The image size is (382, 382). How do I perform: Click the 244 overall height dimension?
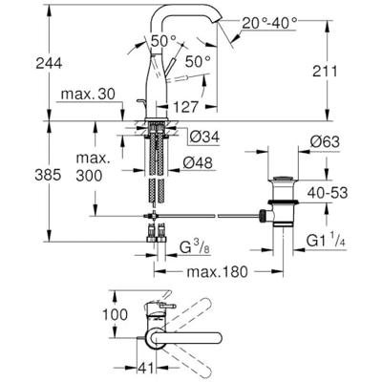click(x=49, y=64)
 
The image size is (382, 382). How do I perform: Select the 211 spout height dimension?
click(x=325, y=72)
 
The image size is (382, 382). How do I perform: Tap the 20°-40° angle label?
click(x=269, y=23)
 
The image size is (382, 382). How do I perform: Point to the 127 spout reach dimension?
click(x=185, y=107)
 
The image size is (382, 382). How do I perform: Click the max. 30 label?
click(x=88, y=94)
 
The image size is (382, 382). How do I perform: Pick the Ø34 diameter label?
click(x=204, y=138)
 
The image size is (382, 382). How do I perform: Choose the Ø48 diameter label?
click(x=198, y=163)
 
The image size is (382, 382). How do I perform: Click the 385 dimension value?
click(x=48, y=175)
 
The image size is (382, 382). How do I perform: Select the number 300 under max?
click(x=89, y=176)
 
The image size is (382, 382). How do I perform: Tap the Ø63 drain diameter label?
click(x=325, y=142)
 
